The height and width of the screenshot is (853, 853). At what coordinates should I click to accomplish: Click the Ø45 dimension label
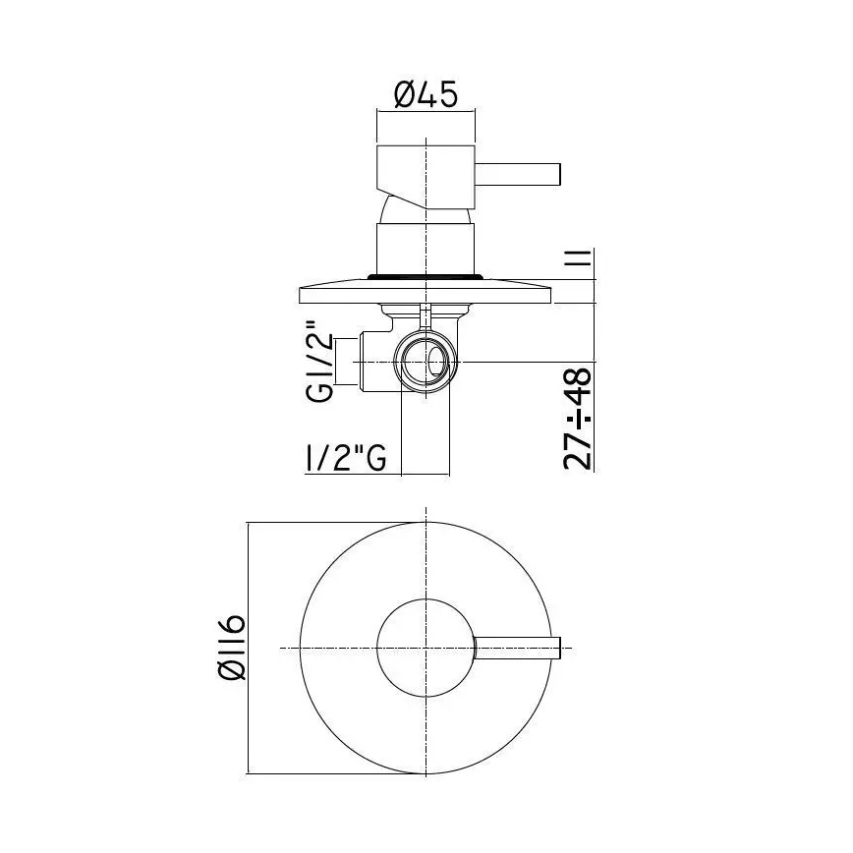(x=426, y=95)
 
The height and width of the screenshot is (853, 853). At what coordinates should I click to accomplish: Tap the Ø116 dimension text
(x=232, y=646)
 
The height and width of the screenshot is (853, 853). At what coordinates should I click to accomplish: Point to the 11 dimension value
(x=579, y=260)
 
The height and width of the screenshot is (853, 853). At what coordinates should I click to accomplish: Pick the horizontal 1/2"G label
(x=343, y=458)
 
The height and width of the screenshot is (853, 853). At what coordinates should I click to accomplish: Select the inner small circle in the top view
(x=425, y=648)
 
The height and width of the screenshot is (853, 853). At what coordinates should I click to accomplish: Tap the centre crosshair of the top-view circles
(x=425, y=648)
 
